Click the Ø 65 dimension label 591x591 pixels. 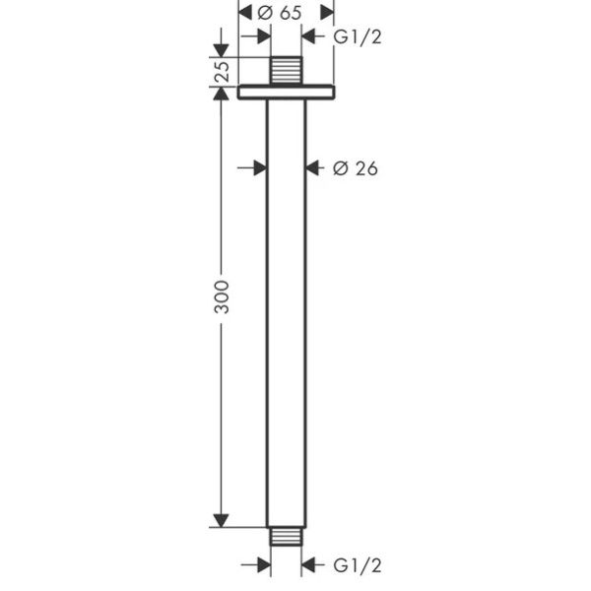tap(280, 13)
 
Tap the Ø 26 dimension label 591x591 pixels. tap(355, 168)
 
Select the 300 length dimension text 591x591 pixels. tap(222, 297)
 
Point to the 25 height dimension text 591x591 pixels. tap(222, 71)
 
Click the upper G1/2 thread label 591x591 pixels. tap(358, 37)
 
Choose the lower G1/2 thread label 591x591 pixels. tap(358, 565)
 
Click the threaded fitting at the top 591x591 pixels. tap(287, 71)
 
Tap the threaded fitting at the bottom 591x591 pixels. tap(286, 537)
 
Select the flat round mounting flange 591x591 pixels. tap(286, 93)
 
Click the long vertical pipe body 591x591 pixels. tap(287, 313)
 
